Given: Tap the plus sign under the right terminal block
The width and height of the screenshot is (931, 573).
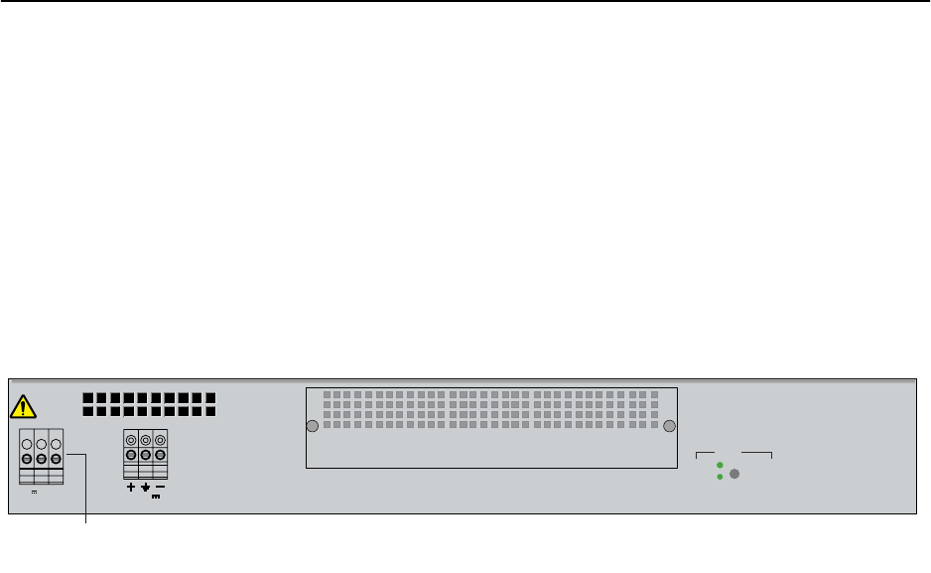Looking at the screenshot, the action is tap(131, 488).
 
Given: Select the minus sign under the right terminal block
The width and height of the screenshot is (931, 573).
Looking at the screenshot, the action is tap(160, 487).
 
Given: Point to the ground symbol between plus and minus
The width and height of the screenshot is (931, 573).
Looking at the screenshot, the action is tap(146, 488).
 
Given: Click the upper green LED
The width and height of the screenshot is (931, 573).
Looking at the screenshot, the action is tap(720, 465).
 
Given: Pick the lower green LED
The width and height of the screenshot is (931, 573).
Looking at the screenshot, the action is tap(720, 477).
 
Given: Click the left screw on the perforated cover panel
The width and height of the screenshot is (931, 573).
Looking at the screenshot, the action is tap(312, 427).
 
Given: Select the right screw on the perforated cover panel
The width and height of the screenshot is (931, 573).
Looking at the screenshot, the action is tap(670, 427).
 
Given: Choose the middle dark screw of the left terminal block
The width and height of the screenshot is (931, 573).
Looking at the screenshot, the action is tap(42, 458).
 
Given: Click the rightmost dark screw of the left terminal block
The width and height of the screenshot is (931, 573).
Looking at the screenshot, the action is tap(56, 458).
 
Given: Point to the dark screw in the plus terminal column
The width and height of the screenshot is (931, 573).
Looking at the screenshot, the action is tap(131, 456).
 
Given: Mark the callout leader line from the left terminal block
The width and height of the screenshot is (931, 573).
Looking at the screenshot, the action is tap(84, 487).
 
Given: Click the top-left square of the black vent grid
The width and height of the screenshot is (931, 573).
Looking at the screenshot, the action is tap(88, 398).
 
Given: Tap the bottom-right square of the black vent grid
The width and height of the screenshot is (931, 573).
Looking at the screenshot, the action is tap(209, 410).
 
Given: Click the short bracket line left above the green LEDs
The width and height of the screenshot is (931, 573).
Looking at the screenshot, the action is tap(705, 453).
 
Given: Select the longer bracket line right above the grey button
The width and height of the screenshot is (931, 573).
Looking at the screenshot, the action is tap(756, 453).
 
